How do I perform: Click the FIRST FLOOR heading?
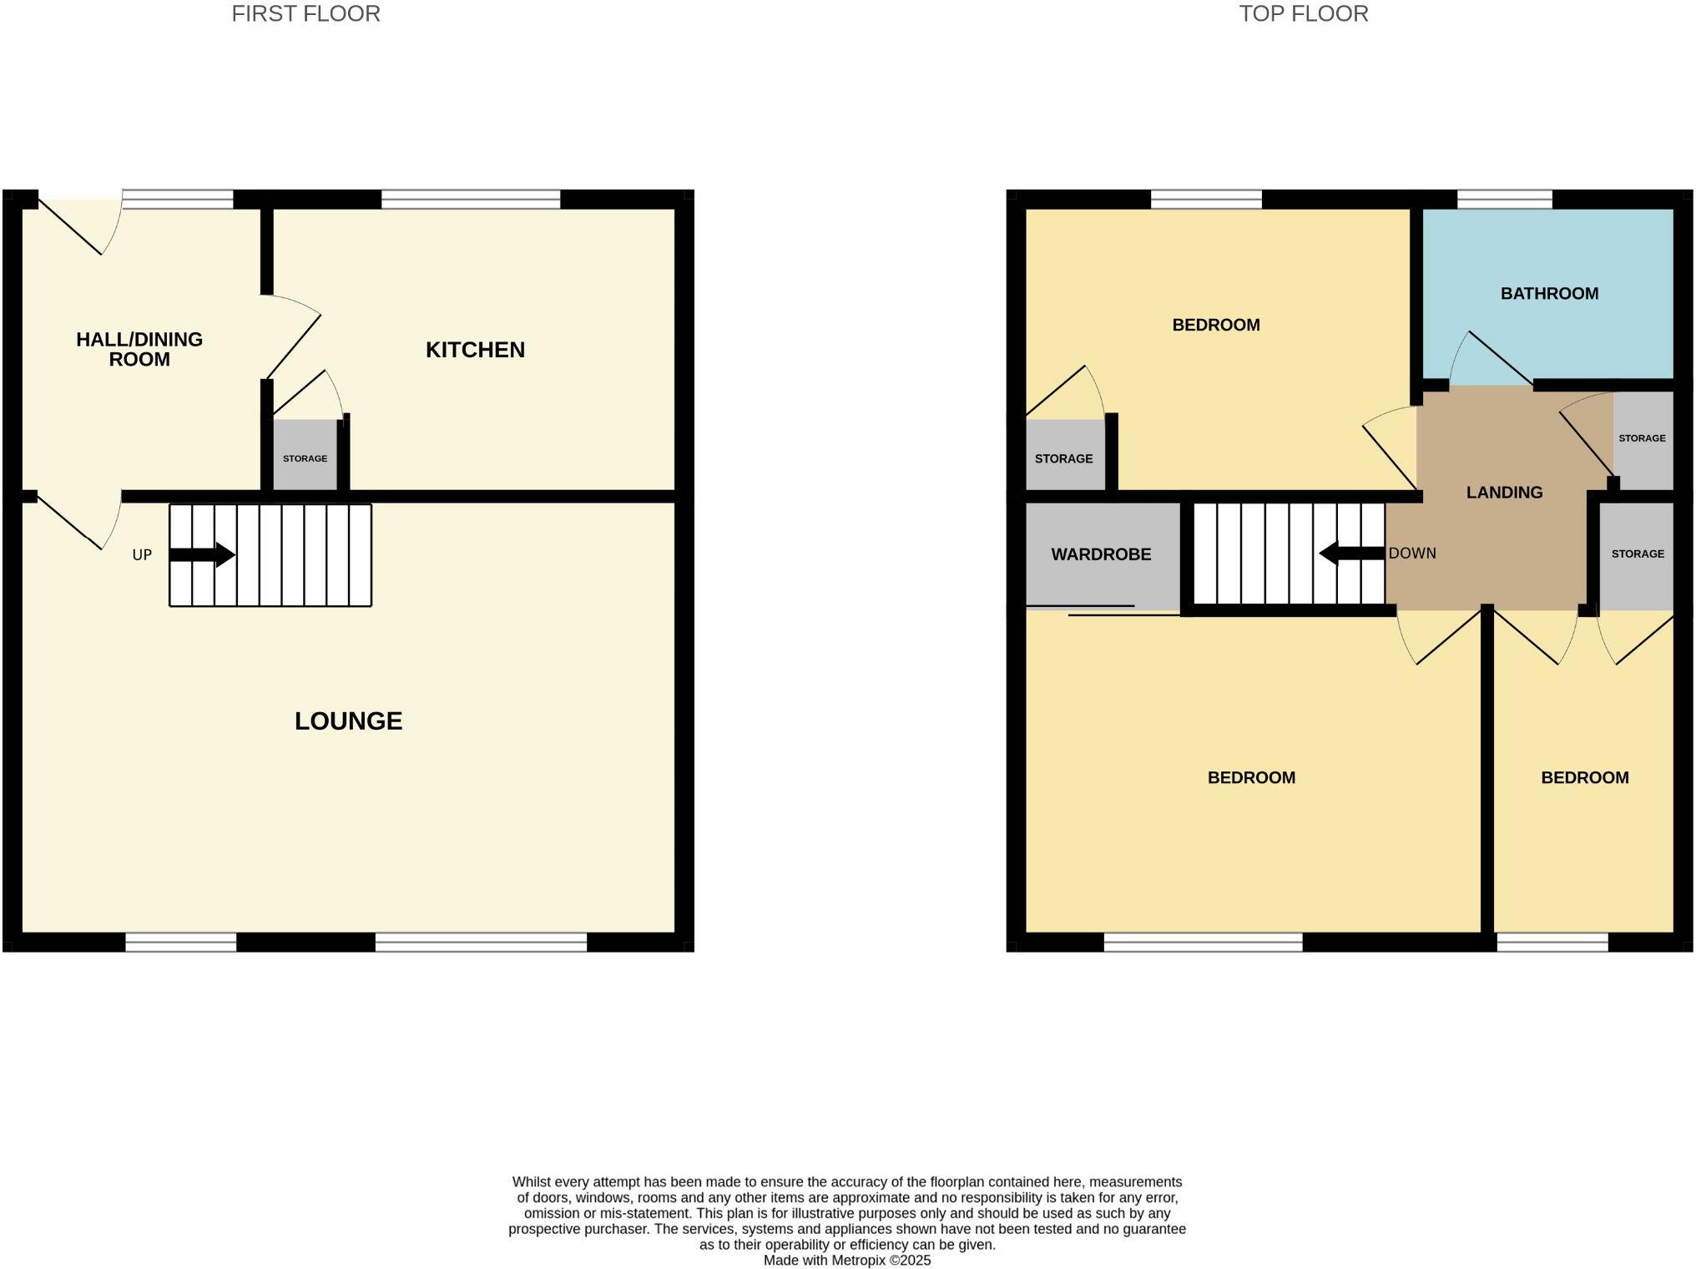point(305,14)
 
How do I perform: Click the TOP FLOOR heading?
point(1303,14)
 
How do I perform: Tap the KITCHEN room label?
point(475,350)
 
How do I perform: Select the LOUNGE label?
point(348,721)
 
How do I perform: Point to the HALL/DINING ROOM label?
point(139,349)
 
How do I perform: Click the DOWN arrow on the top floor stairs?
point(1351,554)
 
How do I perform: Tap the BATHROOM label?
point(1549,294)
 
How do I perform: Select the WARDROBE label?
point(1101,554)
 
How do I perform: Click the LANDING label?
point(1504,493)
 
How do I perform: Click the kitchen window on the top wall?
point(471,200)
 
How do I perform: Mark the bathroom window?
point(1504,200)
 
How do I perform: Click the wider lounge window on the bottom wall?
point(481,943)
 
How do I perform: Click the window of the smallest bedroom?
point(1552,943)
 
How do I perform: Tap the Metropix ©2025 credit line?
point(846,1261)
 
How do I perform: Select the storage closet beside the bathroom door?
point(1642,439)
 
